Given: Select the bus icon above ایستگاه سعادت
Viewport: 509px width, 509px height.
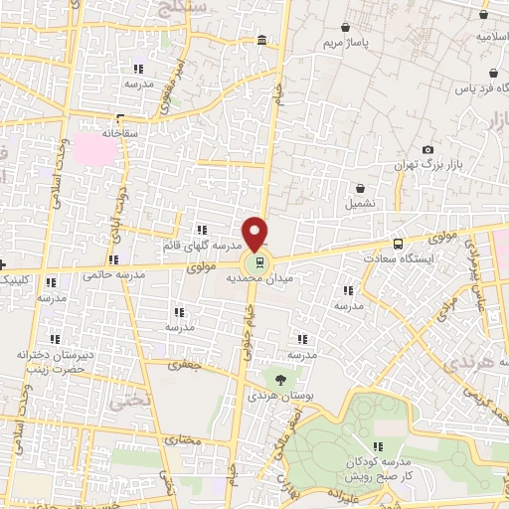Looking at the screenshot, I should coord(399,243).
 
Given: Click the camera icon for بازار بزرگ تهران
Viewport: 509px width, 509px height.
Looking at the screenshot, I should coord(428,149).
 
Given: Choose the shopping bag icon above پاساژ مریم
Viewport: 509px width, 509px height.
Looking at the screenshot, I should coord(344,28).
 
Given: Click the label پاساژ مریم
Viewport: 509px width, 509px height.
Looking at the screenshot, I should coord(346,45).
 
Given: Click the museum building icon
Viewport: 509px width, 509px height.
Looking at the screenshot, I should coord(261,40).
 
